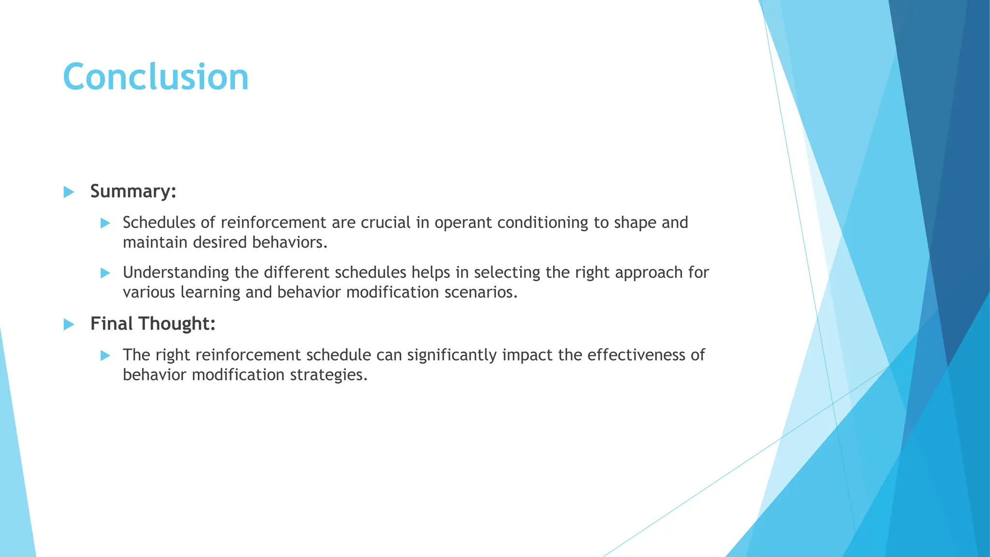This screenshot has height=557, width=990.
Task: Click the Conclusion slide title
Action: [x=156, y=77]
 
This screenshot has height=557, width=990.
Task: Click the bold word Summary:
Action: [x=133, y=191]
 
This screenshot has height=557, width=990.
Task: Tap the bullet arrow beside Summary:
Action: [x=69, y=192]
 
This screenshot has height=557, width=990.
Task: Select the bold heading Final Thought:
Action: [x=153, y=323]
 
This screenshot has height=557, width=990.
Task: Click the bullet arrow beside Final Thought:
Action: [x=69, y=324]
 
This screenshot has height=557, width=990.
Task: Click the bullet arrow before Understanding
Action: [x=105, y=273]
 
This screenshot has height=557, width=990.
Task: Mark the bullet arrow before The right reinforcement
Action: [x=105, y=356]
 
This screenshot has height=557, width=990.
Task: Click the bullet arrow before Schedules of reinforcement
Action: [x=105, y=223]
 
